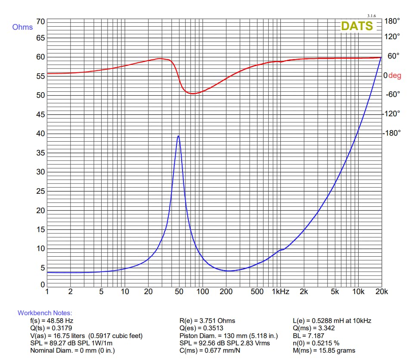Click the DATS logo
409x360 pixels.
pos(357,26)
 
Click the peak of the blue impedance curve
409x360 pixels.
pos(178,136)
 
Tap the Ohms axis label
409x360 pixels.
pos(22,27)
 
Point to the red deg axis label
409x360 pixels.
pos(395,75)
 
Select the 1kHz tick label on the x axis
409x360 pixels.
pos(280,292)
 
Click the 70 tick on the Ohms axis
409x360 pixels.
pos(41,22)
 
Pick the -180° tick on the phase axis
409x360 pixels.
pos(391,133)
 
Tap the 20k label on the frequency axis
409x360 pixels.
pos(381,292)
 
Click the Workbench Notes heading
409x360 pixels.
pos(45,313)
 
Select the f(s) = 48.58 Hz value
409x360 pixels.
pos(52,321)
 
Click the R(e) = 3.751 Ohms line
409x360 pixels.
pos(207,321)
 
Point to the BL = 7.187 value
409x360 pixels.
pos(308,336)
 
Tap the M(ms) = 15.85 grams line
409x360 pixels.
pos(324,351)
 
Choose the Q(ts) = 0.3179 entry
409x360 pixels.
pos(51,328)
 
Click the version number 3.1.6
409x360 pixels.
pos(372,16)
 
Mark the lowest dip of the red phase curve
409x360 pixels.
pos(192,93)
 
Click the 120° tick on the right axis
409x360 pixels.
pos(392,37)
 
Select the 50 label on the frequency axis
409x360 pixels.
pos(179,292)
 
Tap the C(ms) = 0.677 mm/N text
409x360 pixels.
pos(210,351)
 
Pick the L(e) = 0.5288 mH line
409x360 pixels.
pos(332,321)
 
